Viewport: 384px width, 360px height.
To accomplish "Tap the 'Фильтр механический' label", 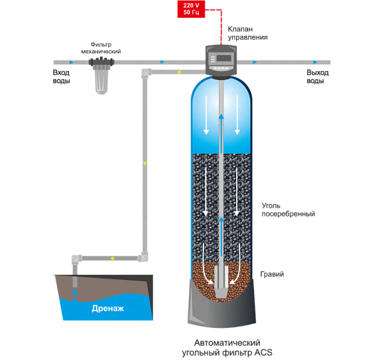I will [x=101, y=48].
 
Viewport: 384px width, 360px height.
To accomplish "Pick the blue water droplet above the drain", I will [x=75, y=291].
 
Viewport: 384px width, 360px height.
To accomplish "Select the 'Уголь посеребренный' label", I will [x=289, y=210].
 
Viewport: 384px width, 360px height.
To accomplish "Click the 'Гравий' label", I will [x=271, y=274].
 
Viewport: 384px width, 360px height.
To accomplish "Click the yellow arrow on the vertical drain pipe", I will [x=144, y=164].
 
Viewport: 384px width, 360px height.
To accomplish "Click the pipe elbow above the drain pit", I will [x=76, y=259].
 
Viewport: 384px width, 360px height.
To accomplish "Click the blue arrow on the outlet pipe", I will [x=255, y=62].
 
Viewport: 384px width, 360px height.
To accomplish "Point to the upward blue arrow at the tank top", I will [x=220, y=118].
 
